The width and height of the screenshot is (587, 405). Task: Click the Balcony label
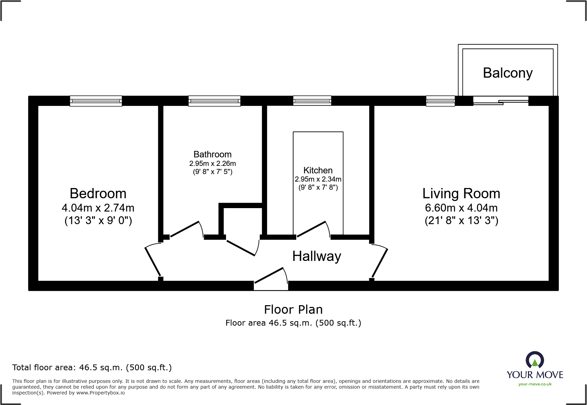pyautogui.click(x=508, y=73)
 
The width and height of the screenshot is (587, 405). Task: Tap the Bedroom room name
pyautogui.click(x=98, y=193)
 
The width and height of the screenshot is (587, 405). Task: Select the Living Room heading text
pyautogui.click(x=461, y=193)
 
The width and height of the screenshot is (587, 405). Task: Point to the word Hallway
pyautogui.click(x=317, y=256)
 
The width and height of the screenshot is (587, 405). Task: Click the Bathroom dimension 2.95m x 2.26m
pyautogui.click(x=212, y=163)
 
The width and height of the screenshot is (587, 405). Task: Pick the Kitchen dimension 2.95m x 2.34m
pyautogui.click(x=318, y=179)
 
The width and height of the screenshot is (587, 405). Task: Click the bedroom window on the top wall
pyautogui.click(x=96, y=101)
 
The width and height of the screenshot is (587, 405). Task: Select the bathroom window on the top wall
pyautogui.click(x=214, y=101)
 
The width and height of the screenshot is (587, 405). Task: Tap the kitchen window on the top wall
pyautogui.click(x=312, y=101)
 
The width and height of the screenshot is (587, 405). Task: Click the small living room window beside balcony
pyautogui.click(x=440, y=101)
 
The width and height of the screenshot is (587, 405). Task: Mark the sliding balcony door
pyautogui.click(x=500, y=101)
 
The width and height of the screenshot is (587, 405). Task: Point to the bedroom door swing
pyautogui.click(x=152, y=260)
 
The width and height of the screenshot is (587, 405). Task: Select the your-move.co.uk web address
pyautogui.click(x=535, y=384)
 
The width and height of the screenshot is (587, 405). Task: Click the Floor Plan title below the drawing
pyautogui.click(x=293, y=310)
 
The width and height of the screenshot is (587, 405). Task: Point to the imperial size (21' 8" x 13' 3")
pyautogui.click(x=461, y=221)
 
